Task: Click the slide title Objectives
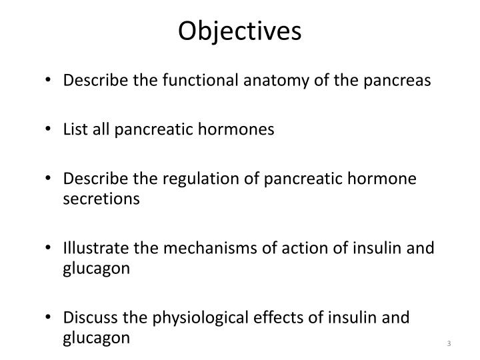click(x=239, y=31)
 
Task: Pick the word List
click(x=77, y=130)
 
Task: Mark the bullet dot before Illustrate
click(x=52, y=250)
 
